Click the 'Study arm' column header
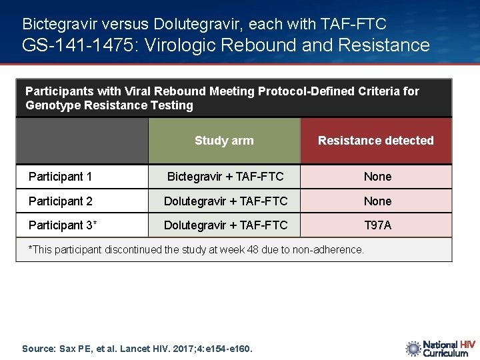[x=224, y=141]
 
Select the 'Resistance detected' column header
[x=375, y=141]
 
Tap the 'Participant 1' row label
[x=61, y=177]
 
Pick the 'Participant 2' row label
[x=61, y=201]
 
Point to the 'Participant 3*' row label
[x=63, y=225]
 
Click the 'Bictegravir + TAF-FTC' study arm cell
[x=225, y=177]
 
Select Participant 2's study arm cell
[x=225, y=201]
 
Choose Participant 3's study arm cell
[x=225, y=225]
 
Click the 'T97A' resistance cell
[x=377, y=225]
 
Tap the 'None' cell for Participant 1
[x=377, y=177]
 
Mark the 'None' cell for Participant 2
[x=377, y=201]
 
